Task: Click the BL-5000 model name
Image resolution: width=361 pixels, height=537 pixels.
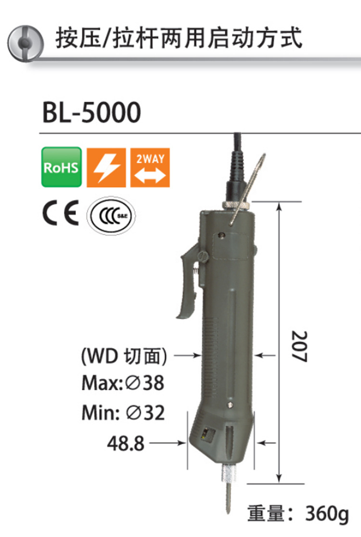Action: [x=91, y=112]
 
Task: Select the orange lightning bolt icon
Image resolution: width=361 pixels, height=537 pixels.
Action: [x=105, y=167]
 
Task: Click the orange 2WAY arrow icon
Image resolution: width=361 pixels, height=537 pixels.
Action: [x=150, y=167]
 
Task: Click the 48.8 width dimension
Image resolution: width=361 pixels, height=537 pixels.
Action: [x=126, y=443]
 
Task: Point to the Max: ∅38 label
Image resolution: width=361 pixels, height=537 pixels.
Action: [x=123, y=383]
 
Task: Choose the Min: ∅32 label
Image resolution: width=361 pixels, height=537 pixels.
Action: [x=123, y=413]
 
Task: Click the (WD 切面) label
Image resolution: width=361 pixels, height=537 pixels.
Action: [x=124, y=356]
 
